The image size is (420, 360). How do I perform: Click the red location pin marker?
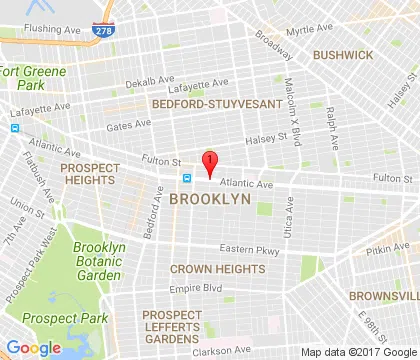[x=209, y=163]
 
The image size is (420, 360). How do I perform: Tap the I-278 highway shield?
[x=104, y=33]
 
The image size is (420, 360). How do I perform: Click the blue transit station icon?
[x=186, y=178]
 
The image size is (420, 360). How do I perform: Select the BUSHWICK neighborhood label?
[x=341, y=55]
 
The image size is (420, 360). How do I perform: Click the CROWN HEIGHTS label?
[x=217, y=269]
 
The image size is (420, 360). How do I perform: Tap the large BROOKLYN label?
[x=209, y=200]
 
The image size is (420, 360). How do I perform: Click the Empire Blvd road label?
[x=194, y=290]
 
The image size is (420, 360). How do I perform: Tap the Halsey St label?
[x=266, y=146]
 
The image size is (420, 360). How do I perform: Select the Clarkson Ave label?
[x=222, y=350]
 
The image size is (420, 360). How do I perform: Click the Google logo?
[x=33, y=347]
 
